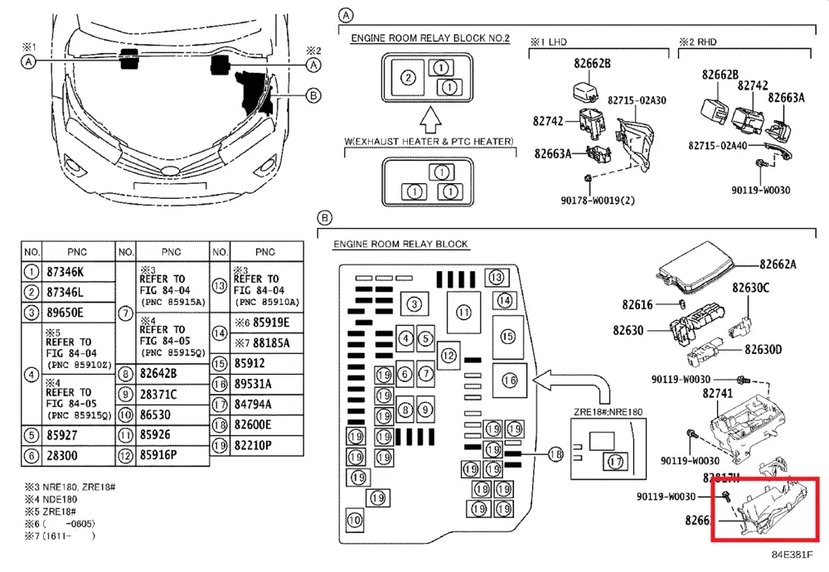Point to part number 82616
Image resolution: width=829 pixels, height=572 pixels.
[x=637, y=305]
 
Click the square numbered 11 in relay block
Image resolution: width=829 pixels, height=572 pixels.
[x=463, y=313]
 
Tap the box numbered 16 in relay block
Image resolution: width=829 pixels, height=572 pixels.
[x=510, y=381]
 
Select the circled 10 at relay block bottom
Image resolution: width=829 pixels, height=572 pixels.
[x=355, y=521]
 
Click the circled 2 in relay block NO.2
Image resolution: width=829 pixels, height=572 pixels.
[x=407, y=78]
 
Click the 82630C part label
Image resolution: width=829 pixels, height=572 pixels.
[x=750, y=288]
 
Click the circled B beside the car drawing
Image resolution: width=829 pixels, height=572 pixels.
[x=313, y=95]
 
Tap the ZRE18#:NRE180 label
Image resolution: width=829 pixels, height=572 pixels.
[x=608, y=412]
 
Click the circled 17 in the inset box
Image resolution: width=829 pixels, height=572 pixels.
[x=614, y=462]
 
